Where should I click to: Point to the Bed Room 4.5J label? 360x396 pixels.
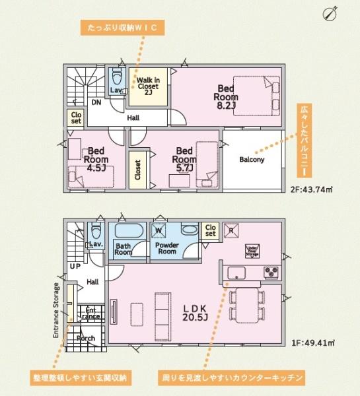click(97, 159)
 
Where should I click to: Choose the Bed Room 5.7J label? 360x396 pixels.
click(184, 159)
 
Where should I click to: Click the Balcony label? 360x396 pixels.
click(252, 160)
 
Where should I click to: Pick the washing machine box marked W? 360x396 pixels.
click(159, 230)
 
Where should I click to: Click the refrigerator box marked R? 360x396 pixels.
click(232, 230)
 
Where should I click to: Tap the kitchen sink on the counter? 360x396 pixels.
click(236, 272)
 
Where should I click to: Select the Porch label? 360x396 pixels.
click(86, 338)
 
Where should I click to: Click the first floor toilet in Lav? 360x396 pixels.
click(96, 231)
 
